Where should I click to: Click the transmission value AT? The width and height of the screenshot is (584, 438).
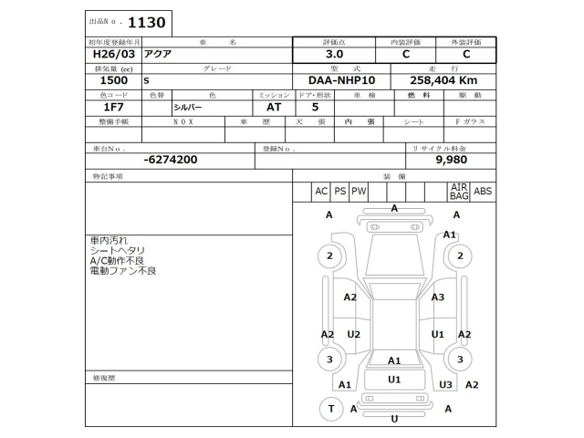coord(261,107)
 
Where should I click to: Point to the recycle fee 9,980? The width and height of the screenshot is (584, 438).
coord(451,159)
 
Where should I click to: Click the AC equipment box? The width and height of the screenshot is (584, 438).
coord(321,192)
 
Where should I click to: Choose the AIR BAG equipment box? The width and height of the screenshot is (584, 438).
coord(459,192)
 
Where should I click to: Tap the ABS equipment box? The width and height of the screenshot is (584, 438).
coord(483,192)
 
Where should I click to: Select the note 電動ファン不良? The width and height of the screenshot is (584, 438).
coord(123,271)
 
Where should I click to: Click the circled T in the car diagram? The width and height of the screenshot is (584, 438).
coord(330,410)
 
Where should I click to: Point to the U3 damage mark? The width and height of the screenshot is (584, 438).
coord(445,385)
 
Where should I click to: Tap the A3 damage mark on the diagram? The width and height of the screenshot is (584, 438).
coord(438,297)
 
